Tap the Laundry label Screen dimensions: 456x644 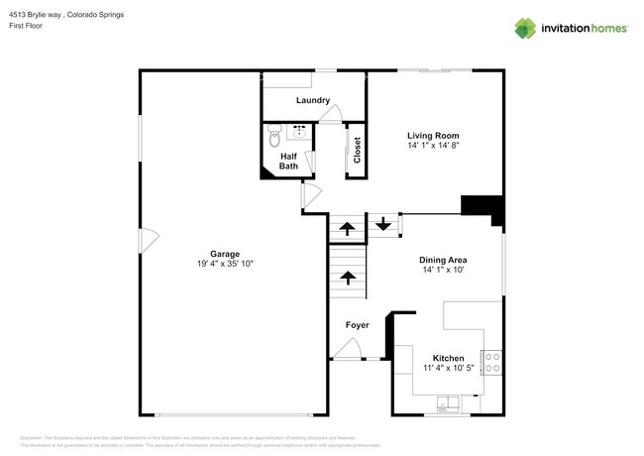313,100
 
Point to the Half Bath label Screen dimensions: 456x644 288,161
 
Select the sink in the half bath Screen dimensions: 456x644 299,130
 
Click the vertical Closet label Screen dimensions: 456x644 357,150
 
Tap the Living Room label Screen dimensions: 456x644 434,135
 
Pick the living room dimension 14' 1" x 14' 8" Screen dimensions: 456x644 434,146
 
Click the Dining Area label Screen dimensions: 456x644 443,260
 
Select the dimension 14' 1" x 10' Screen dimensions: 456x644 443,270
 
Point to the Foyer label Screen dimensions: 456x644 357,325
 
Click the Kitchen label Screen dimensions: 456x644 448,358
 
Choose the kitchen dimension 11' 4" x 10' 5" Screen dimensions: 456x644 448,369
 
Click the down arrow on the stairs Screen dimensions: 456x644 383,226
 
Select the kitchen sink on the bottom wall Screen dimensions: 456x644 449,401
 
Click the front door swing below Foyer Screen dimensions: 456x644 347,349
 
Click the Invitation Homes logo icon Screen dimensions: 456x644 525,28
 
